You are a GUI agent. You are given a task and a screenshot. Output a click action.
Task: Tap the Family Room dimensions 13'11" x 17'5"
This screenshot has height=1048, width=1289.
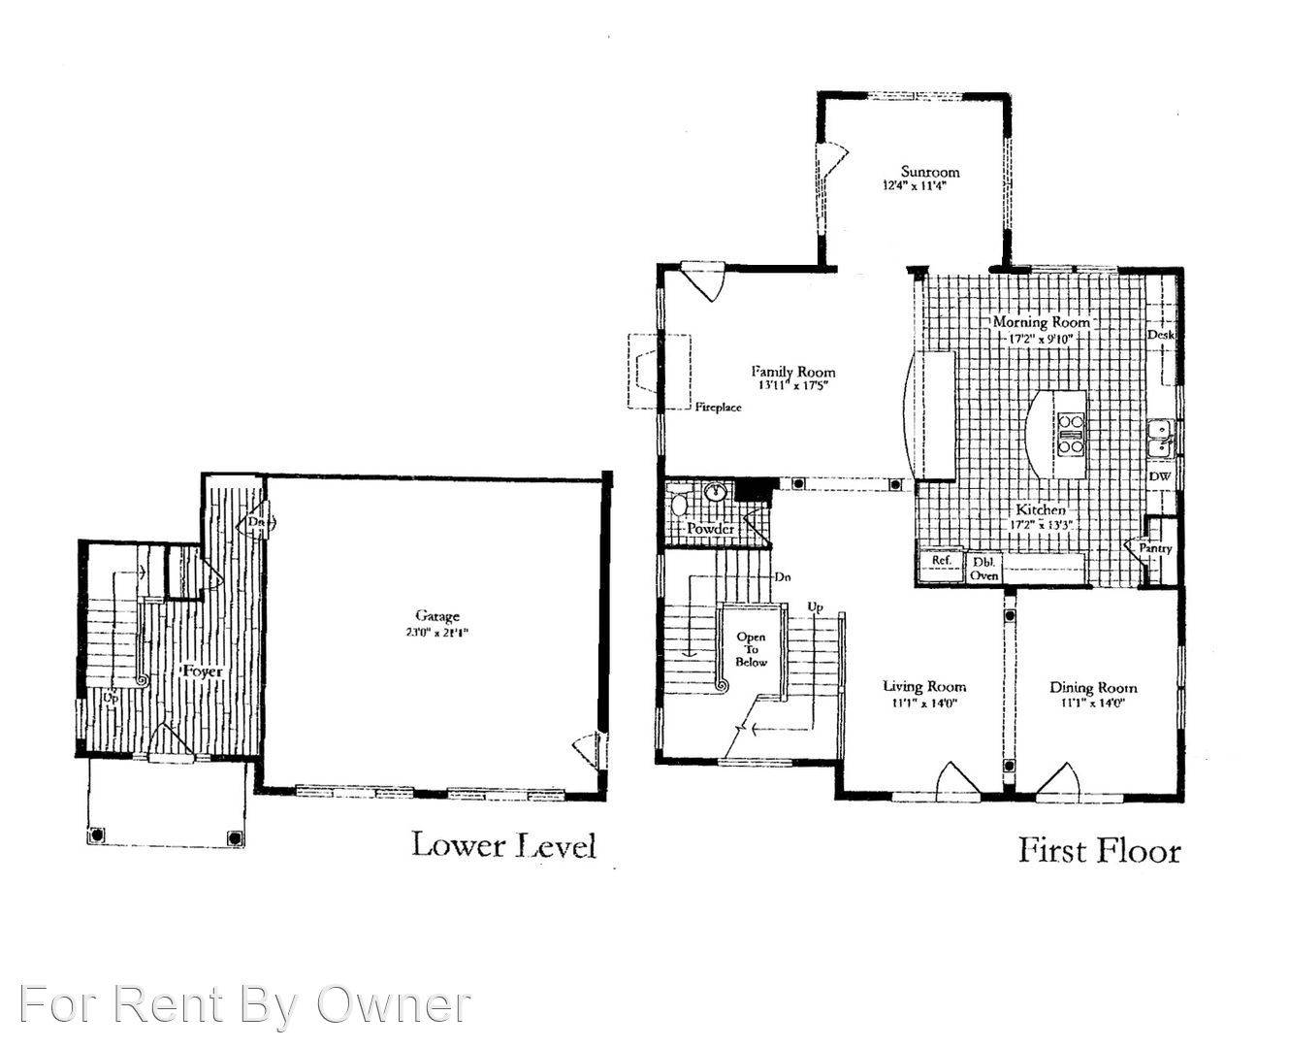pyautogui.click(x=792, y=385)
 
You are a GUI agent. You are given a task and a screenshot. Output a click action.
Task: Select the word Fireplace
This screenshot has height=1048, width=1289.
pyautogui.click(x=718, y=408)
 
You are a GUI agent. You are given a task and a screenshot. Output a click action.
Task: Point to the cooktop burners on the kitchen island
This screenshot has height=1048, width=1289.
pyautogui.click(x=1071, y=434)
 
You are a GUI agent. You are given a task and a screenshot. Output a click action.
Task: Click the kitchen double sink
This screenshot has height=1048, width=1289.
pyautogui.click(x=1160, y=438)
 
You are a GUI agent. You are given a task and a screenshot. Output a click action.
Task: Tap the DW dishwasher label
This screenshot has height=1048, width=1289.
pyautogui.click(x=1160, y=476)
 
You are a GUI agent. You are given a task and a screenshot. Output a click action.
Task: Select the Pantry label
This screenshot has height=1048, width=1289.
pyautogui.click(x=1156, y=548)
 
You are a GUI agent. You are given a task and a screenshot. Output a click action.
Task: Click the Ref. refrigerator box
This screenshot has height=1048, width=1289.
pyautogui.click(x=941, y=562)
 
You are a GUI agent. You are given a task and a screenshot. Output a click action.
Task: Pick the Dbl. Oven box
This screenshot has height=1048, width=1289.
pyautogui.click(x=985, y=569)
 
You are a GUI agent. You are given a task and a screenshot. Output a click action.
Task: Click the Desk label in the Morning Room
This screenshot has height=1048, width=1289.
pyautogui.click(x=1161, y=335)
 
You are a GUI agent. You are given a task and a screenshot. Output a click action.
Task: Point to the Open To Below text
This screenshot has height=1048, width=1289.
pyautogui.click(x=751, y=649)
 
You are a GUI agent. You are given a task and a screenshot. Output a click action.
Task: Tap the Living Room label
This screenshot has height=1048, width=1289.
pyautogui.click(x=924, y=687)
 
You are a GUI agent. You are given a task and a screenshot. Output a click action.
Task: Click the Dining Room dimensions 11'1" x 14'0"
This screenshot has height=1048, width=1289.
pyautogui.click(x=1092, y=704)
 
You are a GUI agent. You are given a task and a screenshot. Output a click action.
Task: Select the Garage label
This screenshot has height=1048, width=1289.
pyautogui.click(x=437, y=615)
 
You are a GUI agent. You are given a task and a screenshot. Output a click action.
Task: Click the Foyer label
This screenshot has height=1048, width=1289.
pyautogui.click(x=202, y=671)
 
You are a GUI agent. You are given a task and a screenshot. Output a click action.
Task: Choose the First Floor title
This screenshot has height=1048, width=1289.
pyautogui.click(x=1100, y=851)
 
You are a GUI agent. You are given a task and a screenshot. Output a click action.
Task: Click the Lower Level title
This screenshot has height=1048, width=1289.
pyautogui.click(x=503, y=844)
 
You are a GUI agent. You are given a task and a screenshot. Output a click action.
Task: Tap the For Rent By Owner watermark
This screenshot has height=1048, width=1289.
pyautogui.click(x=245, y=1004)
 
